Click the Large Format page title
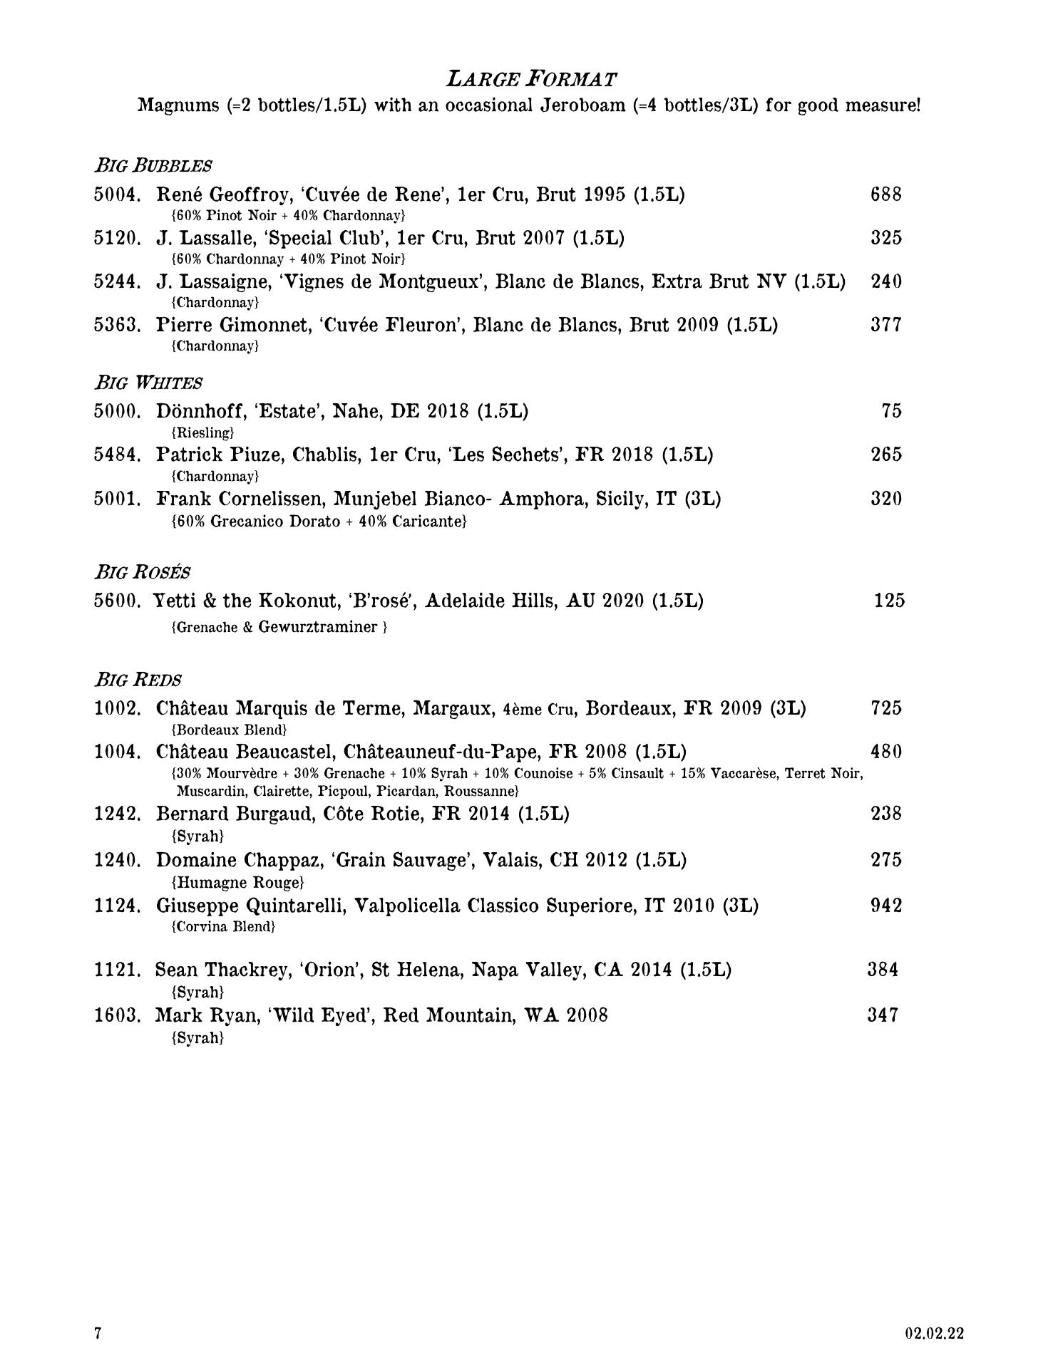(531, 78)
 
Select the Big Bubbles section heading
(153, 166)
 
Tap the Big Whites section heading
(148, 383)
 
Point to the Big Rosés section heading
(143, 572)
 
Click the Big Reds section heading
(138, 680)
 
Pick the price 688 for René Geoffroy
(886, 195)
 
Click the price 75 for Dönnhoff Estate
(891, 411)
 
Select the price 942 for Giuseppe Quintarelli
(886, 906)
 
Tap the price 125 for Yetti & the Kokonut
(889, 601)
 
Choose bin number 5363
(117, 326)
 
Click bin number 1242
(117, 814)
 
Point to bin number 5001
(117, 499)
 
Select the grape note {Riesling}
(202, 432)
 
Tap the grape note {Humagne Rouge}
(238, 883)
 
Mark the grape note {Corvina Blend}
(223, 927)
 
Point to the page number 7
(98, 1333)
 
